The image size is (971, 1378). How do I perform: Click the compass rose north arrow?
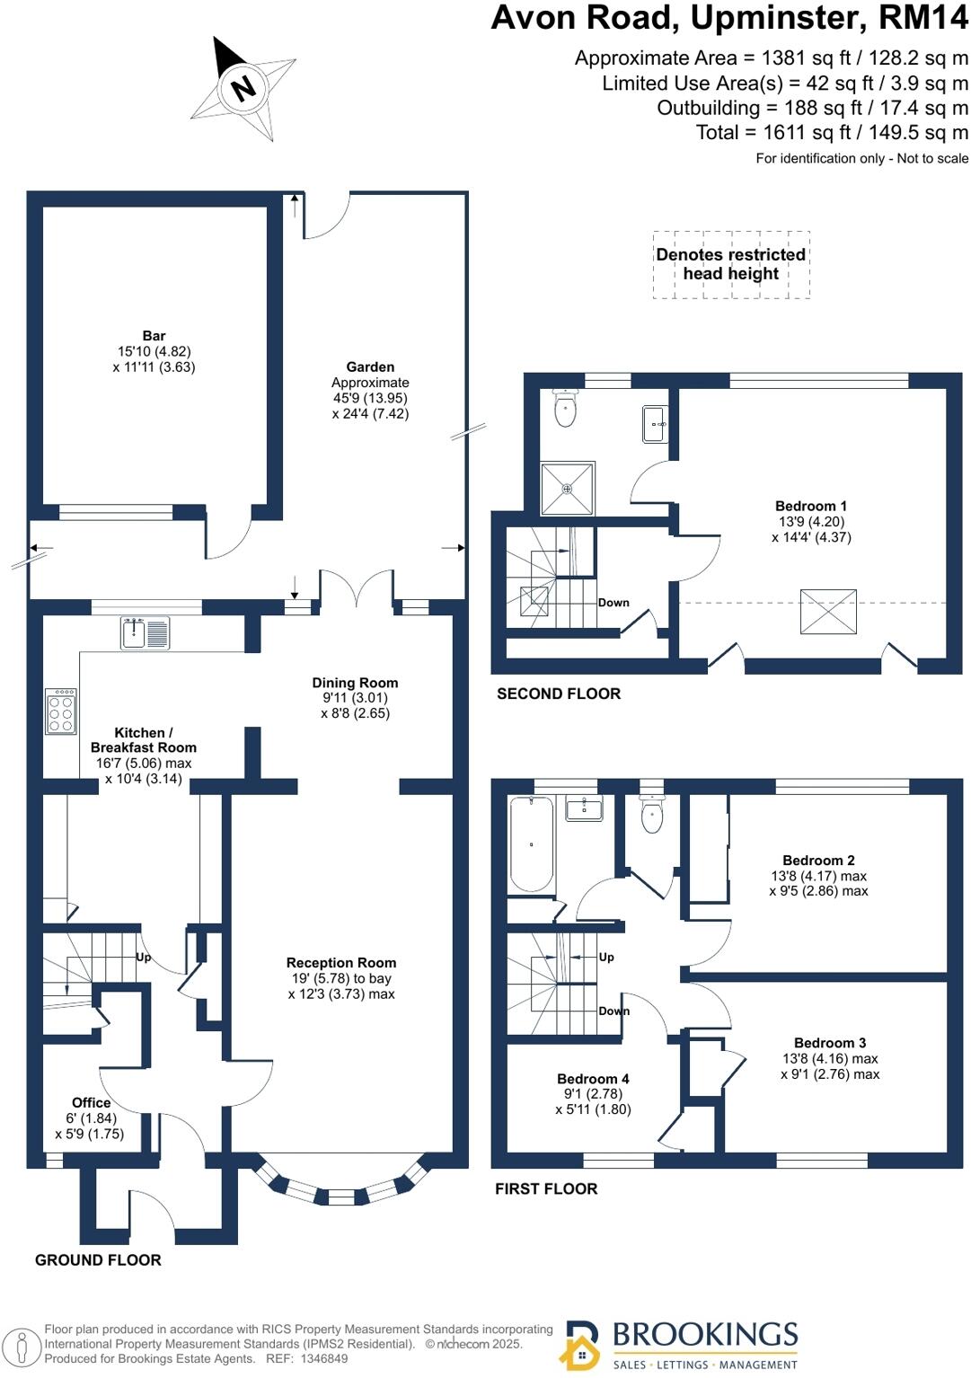point(243,88)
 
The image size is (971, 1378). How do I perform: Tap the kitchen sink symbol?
point(145,632)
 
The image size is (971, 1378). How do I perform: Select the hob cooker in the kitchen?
point(61,711)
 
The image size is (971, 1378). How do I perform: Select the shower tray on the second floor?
point(567,489)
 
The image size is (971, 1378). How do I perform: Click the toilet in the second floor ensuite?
point(565,409)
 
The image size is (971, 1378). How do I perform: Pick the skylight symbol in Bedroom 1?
point(828,612)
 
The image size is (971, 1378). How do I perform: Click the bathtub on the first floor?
point(532,844)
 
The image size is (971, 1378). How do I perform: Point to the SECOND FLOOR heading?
point(559,693)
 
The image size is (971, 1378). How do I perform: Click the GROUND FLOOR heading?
point(98,1260)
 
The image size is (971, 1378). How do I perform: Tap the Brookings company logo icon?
point(580,1345)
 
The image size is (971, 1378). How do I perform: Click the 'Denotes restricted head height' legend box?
point(731,264)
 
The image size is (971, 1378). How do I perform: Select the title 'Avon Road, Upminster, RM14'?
point(729,18)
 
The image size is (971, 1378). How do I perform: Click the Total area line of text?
point(832,133)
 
